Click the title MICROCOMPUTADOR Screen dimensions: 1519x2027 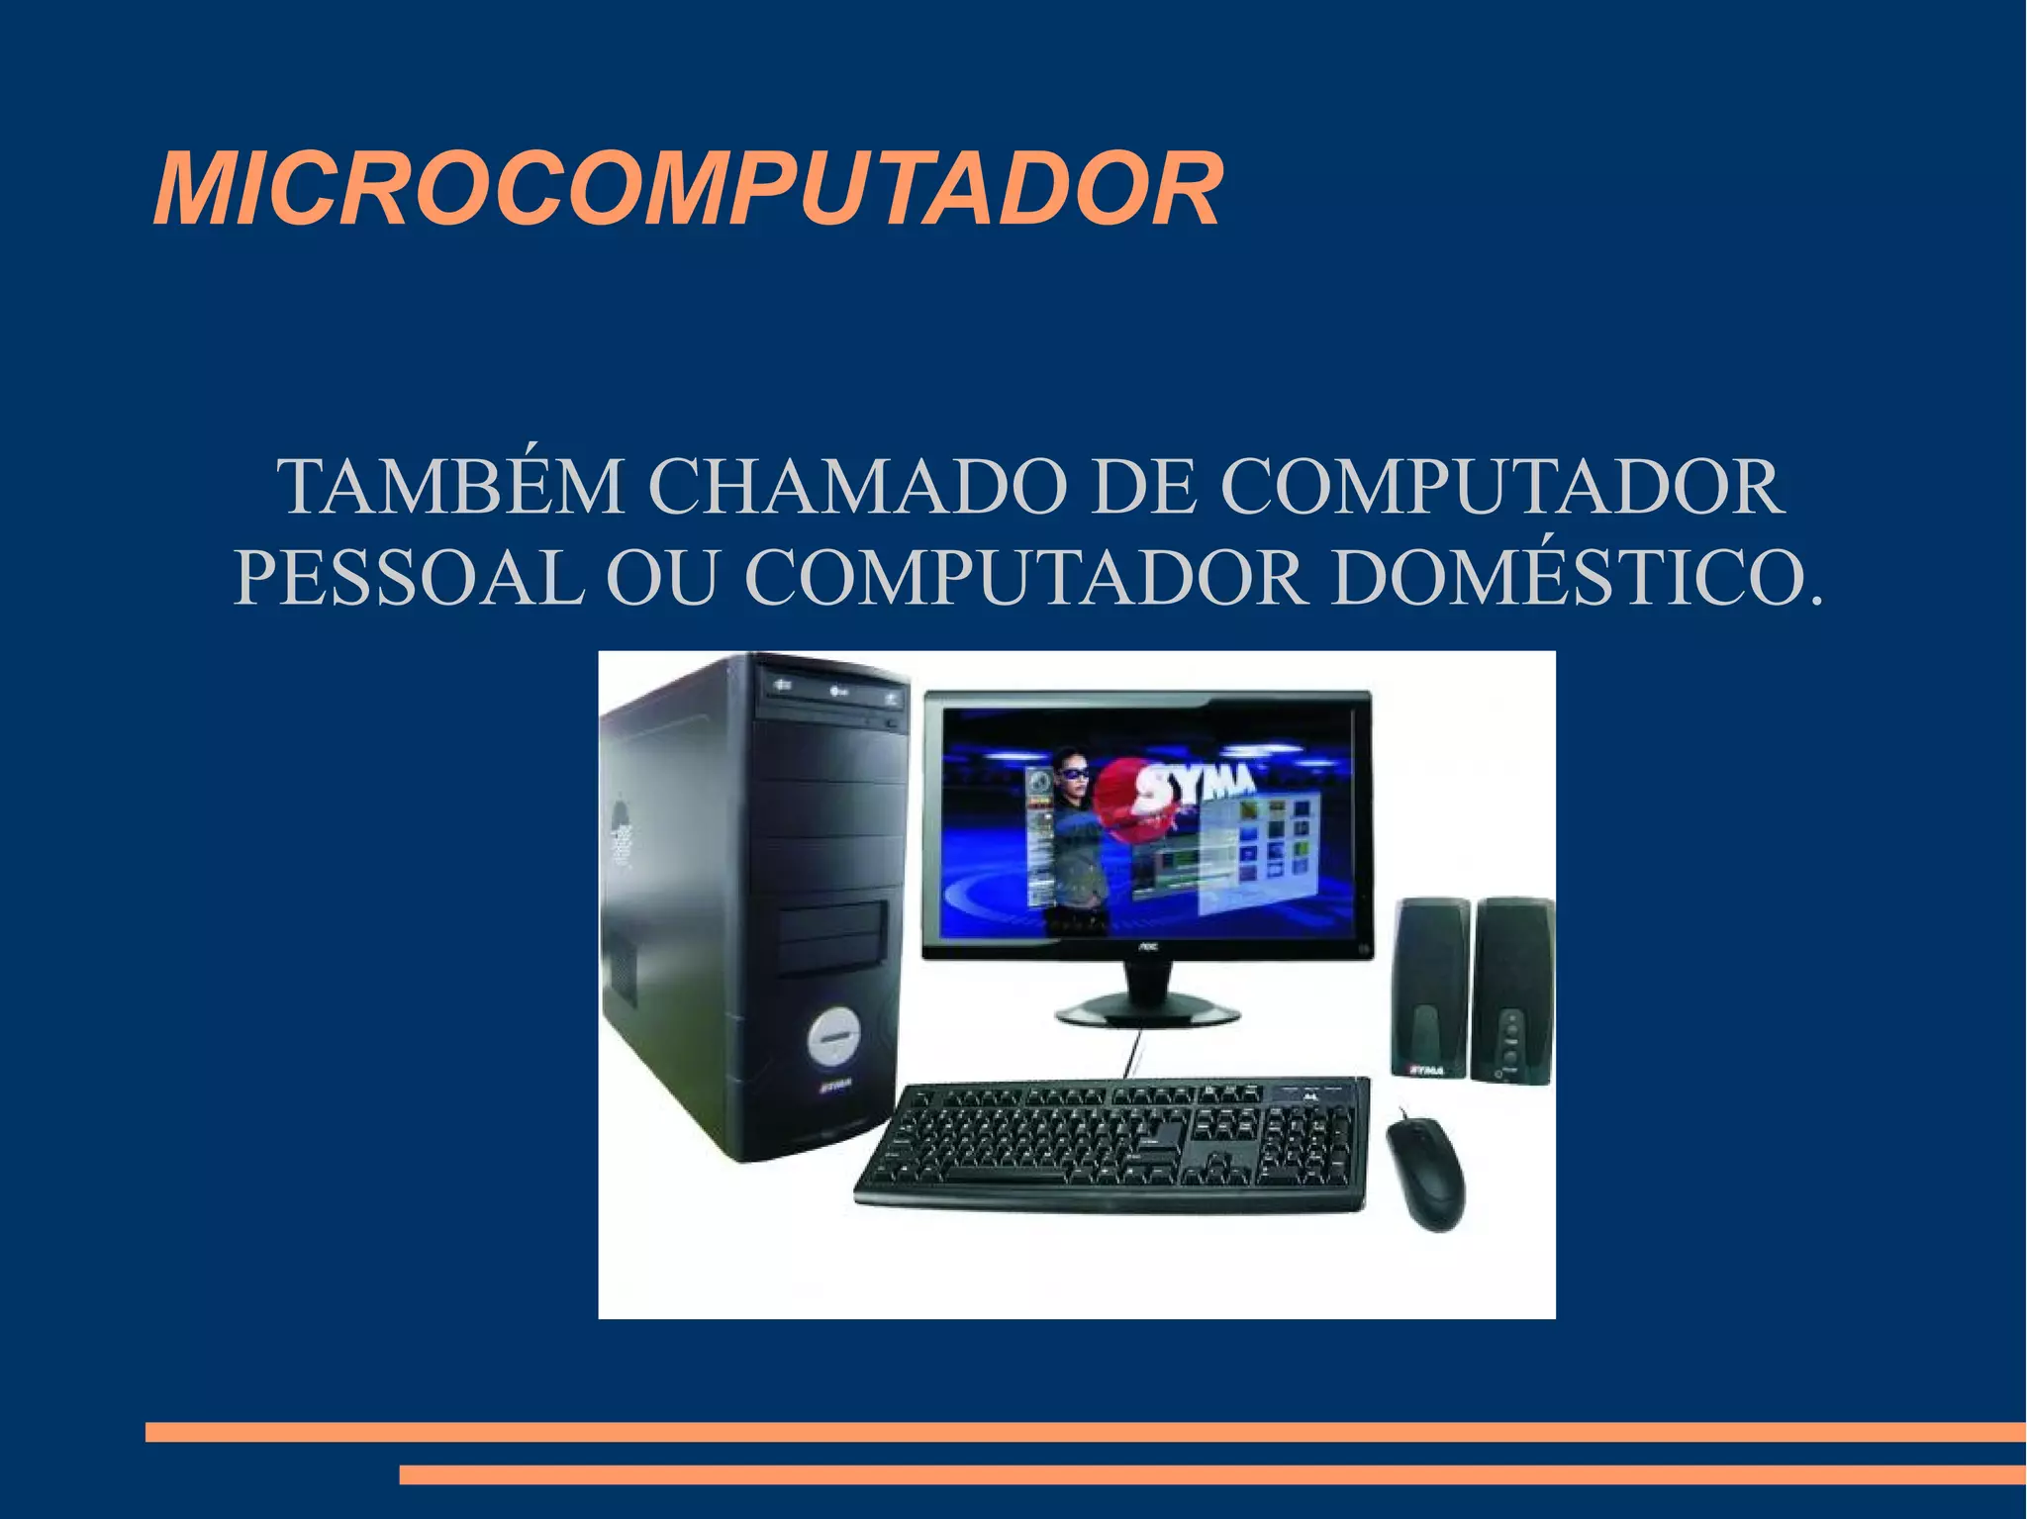pyautogui.click(x=687, y=189)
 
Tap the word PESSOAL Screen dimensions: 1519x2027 pyautogui.click(x=408, y=578)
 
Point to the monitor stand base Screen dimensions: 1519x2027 pyautogui.click(x=1147, y=1010)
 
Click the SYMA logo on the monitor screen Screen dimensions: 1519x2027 pyautogui.click(x=1196, y=782)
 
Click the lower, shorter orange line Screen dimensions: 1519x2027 pyautogui.click(x=1211, y=1474)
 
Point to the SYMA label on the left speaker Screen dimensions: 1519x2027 pyautogui.click(x=1426, y=1070)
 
